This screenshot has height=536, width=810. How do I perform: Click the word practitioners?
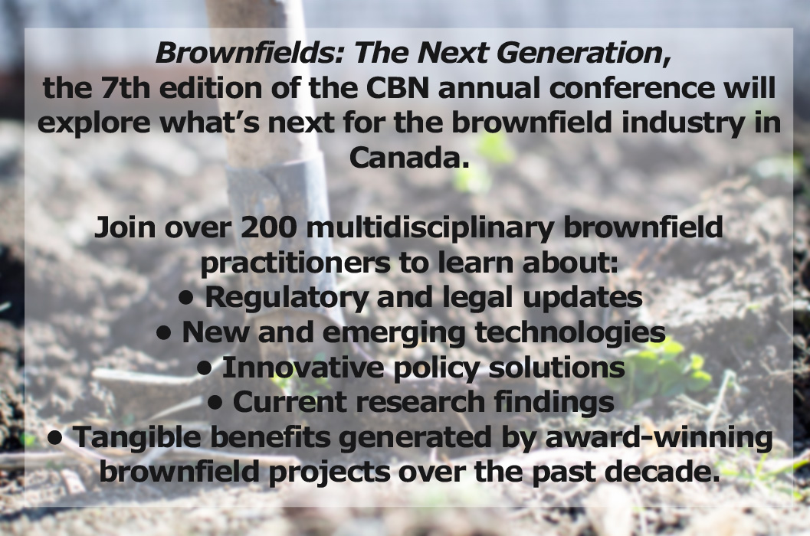[x=295, y=263]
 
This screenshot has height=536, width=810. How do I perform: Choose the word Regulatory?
[x=287, y=297]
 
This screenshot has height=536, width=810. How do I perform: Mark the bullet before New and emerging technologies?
[x=163, y=333]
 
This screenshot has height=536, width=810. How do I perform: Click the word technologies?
[x=570, y=332]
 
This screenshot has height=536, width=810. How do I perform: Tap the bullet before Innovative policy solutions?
[x=205, y=368]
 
